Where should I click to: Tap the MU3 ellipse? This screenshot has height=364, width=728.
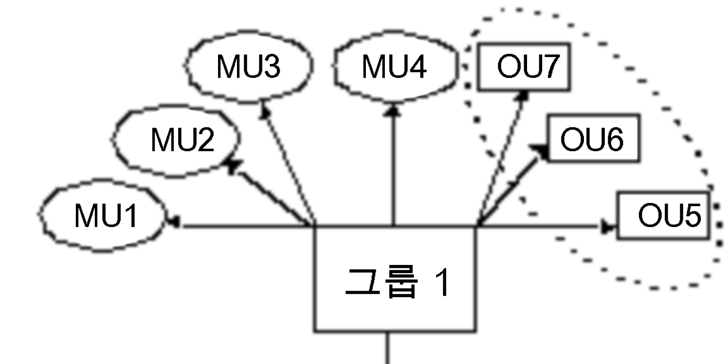(x=249, y=67)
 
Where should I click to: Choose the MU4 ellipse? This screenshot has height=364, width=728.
(x=394, y=67)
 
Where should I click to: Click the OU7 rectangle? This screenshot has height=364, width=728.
(x=523, y=67)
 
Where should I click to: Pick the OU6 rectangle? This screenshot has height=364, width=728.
(x=592, y=138)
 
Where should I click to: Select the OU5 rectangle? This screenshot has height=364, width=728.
(x=664, y=215)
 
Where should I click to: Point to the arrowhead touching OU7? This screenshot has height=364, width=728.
(x=524, y=95)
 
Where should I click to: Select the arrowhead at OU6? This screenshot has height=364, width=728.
(x=541, y=151)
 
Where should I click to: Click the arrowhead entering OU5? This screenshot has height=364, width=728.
(x=608, y=227)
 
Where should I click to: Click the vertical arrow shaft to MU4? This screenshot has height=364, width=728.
(x=393, y=171)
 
